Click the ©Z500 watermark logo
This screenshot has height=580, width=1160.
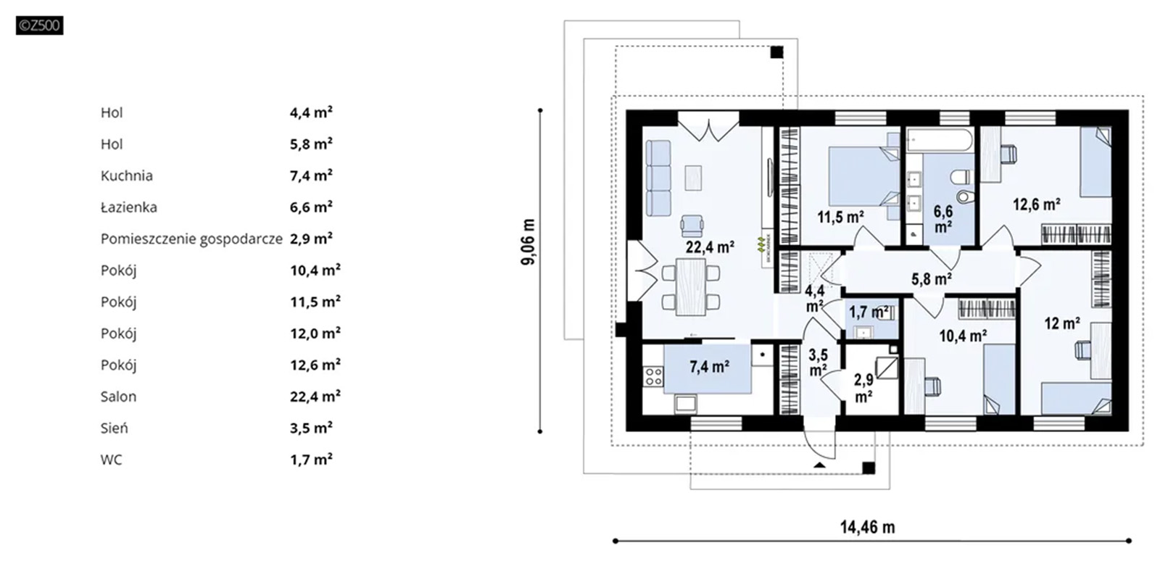coord(39,26)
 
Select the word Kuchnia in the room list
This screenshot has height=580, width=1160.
coord(127,175)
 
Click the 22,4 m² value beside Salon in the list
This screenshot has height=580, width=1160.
coord(315,396)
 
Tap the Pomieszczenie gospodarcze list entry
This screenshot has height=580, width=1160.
coord(191,239)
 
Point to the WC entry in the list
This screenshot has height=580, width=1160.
coord(112,460)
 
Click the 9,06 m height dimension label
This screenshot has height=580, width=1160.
coord(529,241)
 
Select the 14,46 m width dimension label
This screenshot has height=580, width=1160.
coord(867,527)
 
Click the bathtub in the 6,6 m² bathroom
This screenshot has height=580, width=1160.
coord(939,141)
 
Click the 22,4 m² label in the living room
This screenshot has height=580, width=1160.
coord(710,247)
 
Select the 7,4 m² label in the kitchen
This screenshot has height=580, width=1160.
coord(709,367)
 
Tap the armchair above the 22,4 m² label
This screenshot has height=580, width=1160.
coord(692,225)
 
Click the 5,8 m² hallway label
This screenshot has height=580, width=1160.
coord(931,278)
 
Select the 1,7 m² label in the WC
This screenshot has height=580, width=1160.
coord(869,312)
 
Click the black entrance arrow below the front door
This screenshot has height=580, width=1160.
coord(819,464)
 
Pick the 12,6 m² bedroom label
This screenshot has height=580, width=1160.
coord(1036,204)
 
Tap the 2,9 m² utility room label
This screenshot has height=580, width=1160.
coord(863,389)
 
